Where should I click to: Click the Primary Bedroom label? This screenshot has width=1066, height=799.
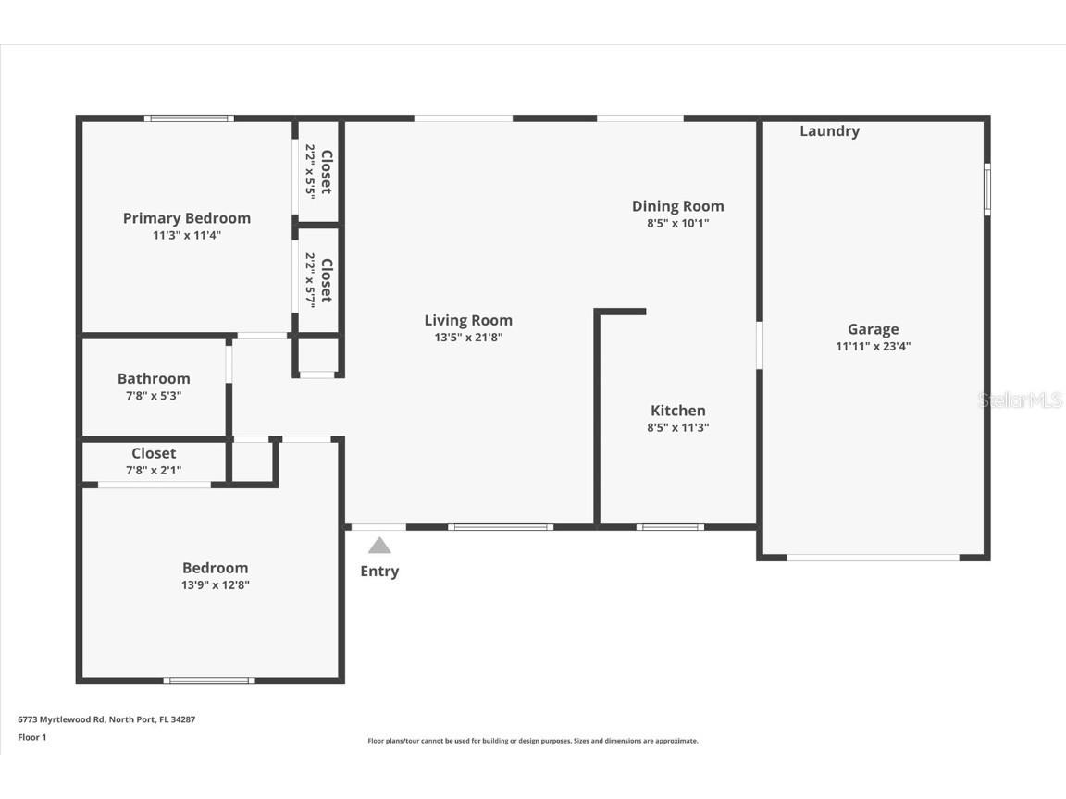pos(187,218)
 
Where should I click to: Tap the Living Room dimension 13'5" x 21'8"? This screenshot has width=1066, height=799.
pos(468,338)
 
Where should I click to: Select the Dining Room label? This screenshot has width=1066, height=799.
pos(677,206)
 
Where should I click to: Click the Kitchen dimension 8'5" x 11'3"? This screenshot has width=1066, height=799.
pos(677,427)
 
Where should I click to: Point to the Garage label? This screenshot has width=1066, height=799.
pos(873,329)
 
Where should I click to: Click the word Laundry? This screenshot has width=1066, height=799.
pos(829,131)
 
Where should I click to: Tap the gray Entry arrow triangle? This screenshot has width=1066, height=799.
pos(379,546)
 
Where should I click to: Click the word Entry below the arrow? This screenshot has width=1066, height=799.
pos(379,572)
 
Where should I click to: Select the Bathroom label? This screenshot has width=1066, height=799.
pos(154,378)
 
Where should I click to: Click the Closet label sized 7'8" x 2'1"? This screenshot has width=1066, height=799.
pos(154,453)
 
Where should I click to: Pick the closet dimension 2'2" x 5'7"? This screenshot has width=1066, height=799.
pos(311,279)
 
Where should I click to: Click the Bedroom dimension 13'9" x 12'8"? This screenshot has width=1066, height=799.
pos(215,584)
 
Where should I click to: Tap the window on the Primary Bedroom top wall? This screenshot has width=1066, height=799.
pos(189,118)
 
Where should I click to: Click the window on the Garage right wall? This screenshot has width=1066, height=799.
pos(986,190)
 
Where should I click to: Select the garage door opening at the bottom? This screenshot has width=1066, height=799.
pos(873,558)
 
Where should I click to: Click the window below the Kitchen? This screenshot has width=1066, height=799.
pos(670,527)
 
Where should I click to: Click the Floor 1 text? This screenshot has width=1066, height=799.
pos(32,737)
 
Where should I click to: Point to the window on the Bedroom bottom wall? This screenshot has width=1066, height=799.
pos(209,681)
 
